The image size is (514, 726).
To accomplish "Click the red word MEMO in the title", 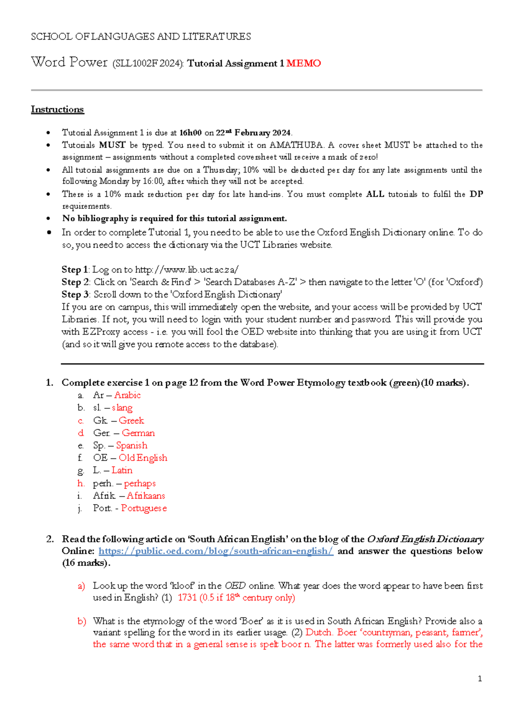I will click(303, 63).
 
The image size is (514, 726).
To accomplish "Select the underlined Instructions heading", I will click(57, 110).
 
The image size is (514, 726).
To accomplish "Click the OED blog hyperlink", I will click(216, 551).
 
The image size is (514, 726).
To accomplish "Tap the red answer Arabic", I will click(127, 395).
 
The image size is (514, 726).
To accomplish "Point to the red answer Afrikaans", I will click(146, 496).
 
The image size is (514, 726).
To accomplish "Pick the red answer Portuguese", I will click(143, 508).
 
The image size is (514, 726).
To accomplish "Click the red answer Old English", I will click(143, 458).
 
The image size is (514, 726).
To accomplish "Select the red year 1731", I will click(187, 598).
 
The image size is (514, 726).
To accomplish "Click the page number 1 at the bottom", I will click(480, 678).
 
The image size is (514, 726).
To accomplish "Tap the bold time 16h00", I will click(190, 133).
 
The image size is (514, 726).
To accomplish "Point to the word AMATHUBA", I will click(296, 145).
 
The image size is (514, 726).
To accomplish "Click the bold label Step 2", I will click(75, 282).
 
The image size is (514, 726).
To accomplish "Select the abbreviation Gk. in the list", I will click(100, 420).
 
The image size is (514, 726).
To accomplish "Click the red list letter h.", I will click(81, 483).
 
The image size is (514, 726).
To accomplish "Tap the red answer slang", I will click(122, 408).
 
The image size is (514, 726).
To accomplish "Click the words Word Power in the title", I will click(69, 62).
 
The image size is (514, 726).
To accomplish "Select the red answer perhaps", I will click(140, 483).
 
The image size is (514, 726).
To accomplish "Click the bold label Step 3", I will click(75, 295).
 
